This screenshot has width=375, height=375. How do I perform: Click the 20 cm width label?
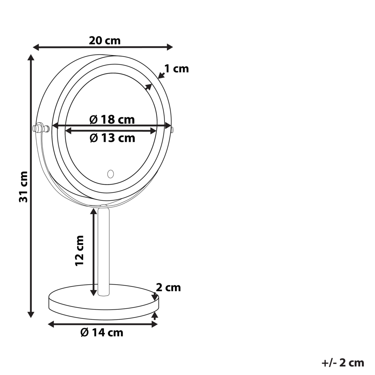tap(105, 40)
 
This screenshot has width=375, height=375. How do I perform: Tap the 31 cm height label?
tap(24, 186)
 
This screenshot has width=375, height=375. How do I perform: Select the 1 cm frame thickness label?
tap(176, 69)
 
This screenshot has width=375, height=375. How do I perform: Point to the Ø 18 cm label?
tap(112, 120)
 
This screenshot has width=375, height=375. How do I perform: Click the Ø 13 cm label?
tap(112, 138)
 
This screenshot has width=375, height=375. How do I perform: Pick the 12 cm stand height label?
tap(79, 250)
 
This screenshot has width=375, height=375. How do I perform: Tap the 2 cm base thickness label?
tap(168, 288)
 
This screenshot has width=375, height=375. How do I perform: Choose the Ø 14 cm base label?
tap(102, 332)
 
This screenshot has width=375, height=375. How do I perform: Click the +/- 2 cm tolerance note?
tap(343, 363)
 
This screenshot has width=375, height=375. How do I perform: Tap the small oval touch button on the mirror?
tap(110, 174)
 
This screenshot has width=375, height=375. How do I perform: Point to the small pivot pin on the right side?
tap(172, 130)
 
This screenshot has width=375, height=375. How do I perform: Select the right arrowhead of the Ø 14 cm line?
tap(155, 324)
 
